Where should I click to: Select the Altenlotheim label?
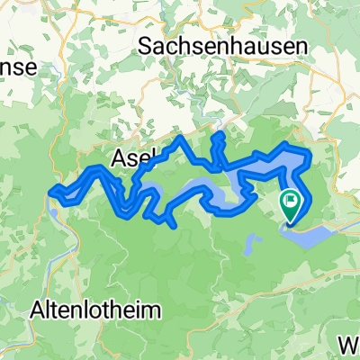coord(97,310)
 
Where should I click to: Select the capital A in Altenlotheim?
coord(39,310)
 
